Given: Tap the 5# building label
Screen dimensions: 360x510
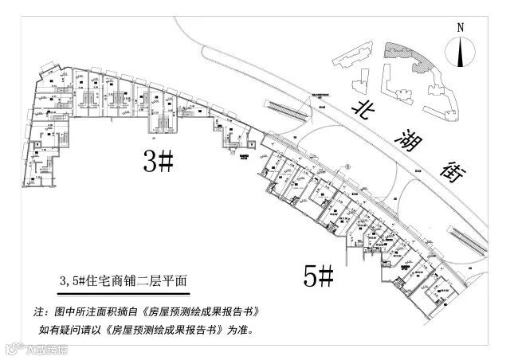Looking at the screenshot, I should point(318,276).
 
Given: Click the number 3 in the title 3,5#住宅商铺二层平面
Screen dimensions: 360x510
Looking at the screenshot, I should point(65,281).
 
